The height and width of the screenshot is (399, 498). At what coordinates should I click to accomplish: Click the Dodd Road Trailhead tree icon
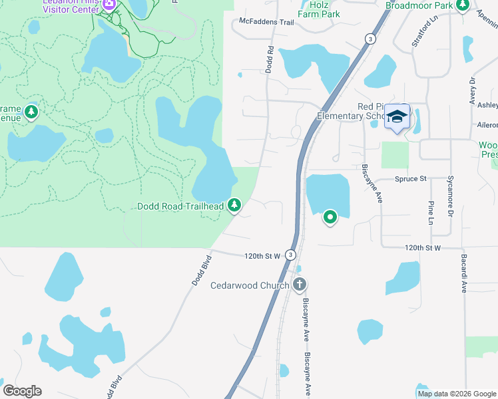pos(234,206)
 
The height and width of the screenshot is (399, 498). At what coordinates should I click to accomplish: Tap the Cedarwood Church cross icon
pos(299,285)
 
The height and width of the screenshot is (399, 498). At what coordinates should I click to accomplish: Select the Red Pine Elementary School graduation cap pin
pos(397,117)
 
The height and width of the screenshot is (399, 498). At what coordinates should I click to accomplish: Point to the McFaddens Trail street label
pos(266,22)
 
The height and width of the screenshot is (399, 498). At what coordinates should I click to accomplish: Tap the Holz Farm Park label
pos(319,9)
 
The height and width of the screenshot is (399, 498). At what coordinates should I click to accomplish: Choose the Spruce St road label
pos(410,179)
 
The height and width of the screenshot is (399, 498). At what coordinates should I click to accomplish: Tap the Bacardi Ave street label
pos(463,273)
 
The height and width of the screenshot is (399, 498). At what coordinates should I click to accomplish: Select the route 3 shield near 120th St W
pos(290,255)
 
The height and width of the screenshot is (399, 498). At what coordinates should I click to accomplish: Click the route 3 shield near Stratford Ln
pos(370,39)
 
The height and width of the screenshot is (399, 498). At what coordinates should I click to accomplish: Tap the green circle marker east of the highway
pos(330,217)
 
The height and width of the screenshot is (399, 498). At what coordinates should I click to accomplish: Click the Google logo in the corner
pos(23,391)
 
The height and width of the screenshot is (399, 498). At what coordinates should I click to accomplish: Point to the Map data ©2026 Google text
pos(457,394)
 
